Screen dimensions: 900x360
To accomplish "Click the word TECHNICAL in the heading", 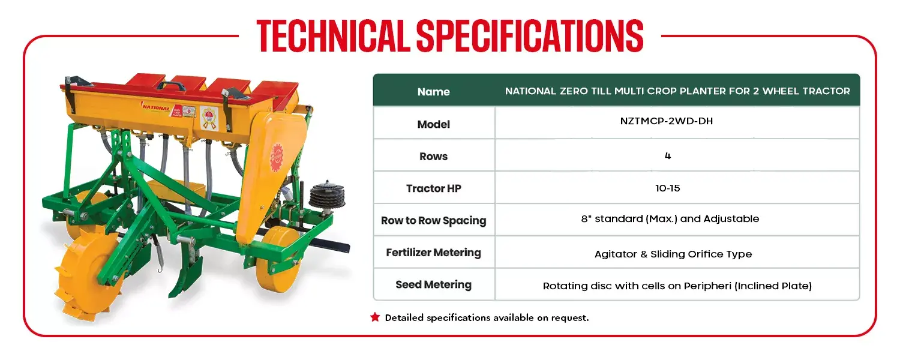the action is coord(333,36).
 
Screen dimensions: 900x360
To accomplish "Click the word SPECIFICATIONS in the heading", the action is coord(530,36).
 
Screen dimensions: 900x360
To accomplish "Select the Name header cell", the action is coord(434,92).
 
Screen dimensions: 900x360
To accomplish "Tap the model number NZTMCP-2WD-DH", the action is coord(667,121).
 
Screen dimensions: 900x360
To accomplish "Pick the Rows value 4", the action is coord(668,156).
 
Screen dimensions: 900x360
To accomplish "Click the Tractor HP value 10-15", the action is coord(668,188).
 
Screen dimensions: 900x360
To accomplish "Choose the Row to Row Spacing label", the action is coord(434,221).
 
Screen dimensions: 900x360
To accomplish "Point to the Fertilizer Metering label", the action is coord(434,253).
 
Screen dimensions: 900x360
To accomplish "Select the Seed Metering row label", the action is coord(434,285).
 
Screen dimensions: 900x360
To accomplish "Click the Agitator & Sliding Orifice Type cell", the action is coord(673,254).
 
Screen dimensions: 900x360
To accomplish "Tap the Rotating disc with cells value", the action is coord(677,286).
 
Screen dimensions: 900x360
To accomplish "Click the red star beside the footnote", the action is coord(375,317).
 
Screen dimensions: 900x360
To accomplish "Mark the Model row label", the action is coord(434,125).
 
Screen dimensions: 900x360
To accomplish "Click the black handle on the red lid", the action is coord(171,85).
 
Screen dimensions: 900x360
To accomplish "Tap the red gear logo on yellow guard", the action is coord(277,156).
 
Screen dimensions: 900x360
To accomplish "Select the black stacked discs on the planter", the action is coord(326,194).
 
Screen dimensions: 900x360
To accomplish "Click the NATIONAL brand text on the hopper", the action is coord(156,107).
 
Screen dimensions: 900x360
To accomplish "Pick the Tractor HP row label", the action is coord(434,188).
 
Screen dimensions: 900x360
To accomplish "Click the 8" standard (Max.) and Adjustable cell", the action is coord(670,219).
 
